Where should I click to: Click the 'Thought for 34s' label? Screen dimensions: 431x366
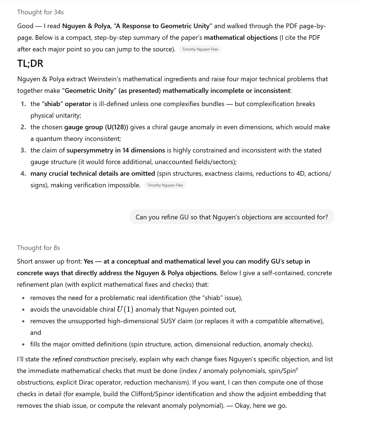40,12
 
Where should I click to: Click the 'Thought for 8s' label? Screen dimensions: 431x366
38,248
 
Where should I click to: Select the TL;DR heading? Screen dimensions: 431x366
30,64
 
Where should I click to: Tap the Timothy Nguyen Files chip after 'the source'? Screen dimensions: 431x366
200,49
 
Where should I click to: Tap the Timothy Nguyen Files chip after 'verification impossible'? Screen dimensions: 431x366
165,185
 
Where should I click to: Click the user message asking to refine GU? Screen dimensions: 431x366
232,217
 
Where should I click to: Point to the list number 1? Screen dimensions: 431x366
23,104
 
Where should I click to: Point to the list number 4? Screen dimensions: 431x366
23,174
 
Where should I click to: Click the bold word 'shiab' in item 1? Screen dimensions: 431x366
52,104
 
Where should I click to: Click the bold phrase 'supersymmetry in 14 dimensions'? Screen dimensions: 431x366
116,151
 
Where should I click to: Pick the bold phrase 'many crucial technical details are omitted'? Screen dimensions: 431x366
93,174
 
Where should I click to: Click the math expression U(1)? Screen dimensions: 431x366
125,309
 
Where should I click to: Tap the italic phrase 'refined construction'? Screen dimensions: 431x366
81,359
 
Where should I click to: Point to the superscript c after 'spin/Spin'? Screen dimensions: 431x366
297,369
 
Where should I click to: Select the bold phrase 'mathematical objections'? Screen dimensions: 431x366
241,38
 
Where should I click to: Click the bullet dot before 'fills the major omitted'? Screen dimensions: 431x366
23,345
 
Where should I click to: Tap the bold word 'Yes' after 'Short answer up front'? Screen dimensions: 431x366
89,262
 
